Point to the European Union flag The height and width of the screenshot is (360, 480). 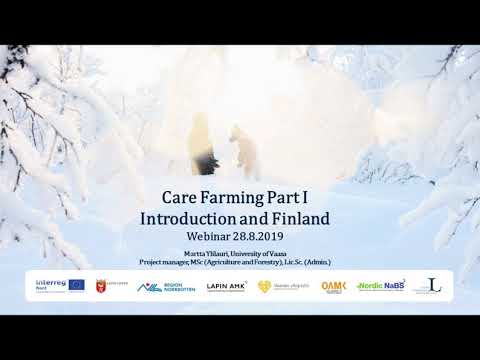(76, 285)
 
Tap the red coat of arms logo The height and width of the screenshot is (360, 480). (100, 286)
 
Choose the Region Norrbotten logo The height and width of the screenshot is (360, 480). (162, 286)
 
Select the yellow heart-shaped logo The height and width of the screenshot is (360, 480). (265, 286)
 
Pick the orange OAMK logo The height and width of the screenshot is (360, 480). (333, 286)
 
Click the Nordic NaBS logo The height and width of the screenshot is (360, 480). (380, 286)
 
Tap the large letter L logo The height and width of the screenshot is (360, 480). (433, 285)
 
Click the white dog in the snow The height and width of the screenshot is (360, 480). (240, 146)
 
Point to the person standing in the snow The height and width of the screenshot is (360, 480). (200, 140)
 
